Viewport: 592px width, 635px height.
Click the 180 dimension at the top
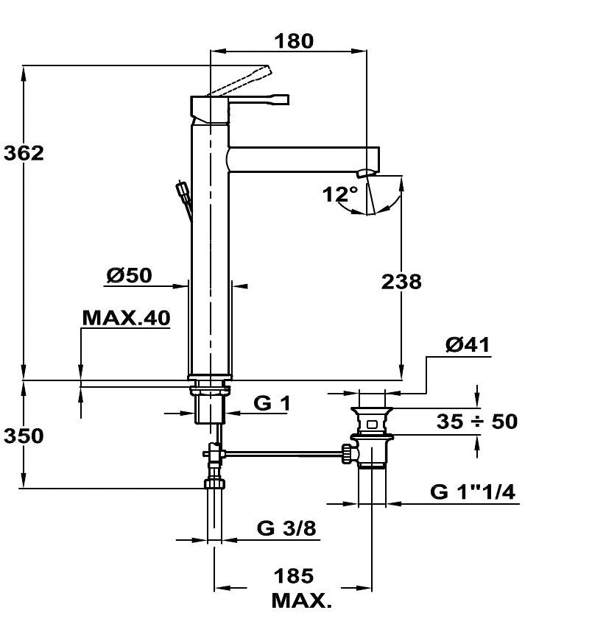pyautogui.click(x=294, y=41)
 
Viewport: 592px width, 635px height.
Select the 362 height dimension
pyautogui.click(x=24, y=154)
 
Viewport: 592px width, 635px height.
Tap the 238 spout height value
pyautogui.click(x=401, y=282)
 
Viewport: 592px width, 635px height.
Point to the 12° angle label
pyautogui.click(x=340, y=194)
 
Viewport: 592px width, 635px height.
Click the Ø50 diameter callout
pyautogui.click(x=130, y=275)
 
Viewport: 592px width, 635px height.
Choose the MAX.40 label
pyautogui.click(x=126, y=319)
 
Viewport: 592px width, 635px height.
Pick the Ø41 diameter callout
pyautogui.click(x=468, y=344)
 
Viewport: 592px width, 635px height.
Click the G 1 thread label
pyautogui.click(x=272, y=403)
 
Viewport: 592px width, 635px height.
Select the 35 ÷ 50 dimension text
pyautogui.click(x=477, y=422)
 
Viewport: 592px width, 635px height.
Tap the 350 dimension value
pyautogui.click(x=24, y=436)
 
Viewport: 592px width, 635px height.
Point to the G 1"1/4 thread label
pyautogui.click(x=473, y=492)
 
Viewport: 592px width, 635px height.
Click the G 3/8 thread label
pyautogui.click(x=286, y=528)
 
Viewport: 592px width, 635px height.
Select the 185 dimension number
pyautogui.click(x=294, y=576)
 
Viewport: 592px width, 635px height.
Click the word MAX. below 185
pyautogui.click(x=302, y=600)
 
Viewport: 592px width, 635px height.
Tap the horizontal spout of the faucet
pyautogui.click(x=304, y=160)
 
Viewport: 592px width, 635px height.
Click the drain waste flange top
pyautogui.click(x=372, y=410)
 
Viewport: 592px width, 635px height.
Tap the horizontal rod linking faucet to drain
pyautogui.click(x=283, y=453)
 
